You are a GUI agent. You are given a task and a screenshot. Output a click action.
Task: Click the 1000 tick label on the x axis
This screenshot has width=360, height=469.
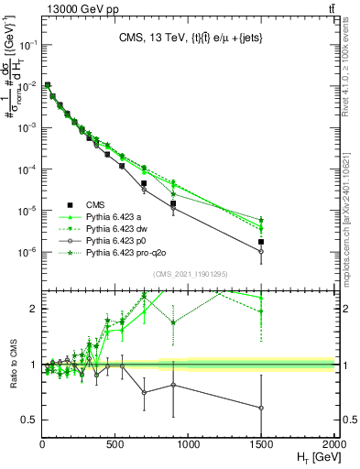189,444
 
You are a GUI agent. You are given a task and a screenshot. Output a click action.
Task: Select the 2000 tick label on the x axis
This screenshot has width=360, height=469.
333,444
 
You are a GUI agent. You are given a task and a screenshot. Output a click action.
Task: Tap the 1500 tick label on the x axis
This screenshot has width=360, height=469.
261,444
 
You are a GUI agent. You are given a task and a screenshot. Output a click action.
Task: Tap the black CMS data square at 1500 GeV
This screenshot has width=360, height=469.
261,242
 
